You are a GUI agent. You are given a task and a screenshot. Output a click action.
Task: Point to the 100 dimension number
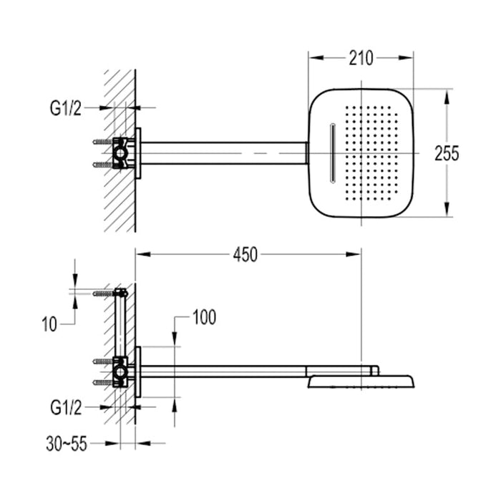click(203, 317)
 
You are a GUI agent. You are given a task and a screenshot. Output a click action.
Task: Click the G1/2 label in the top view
click(67, 108)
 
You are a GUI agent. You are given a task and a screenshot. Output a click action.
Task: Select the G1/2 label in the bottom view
click(67, 408)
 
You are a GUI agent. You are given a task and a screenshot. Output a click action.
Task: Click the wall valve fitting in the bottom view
click(122, 371)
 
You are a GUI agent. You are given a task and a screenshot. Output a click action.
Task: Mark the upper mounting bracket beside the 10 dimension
click(120, 293)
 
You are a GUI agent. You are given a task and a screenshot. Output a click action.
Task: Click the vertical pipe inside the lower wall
click(121, 326)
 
